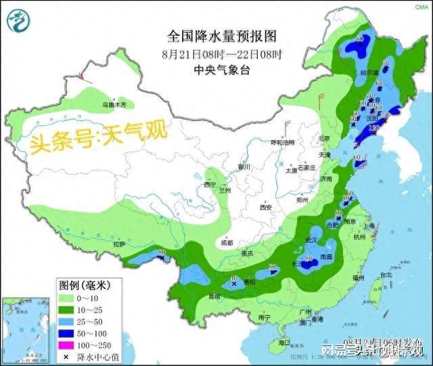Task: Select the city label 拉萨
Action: point(120,244)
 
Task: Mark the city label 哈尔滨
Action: point(371,72)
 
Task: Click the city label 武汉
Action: point(312,240)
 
